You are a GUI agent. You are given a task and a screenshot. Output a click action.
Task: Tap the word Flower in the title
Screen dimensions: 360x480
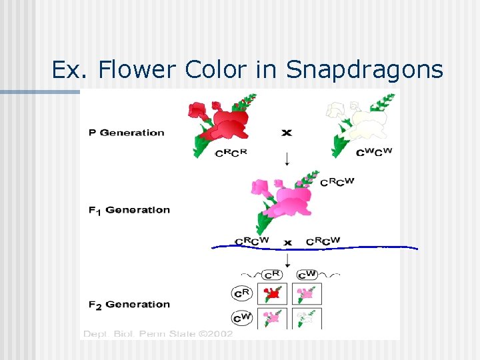139,69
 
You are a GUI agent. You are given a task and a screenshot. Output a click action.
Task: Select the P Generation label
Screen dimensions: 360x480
126,133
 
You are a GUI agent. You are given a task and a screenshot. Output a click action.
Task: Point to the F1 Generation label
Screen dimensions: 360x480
129,210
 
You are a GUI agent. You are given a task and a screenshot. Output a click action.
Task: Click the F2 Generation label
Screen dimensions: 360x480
129,305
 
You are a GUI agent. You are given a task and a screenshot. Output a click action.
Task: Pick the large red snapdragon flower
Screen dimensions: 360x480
219,123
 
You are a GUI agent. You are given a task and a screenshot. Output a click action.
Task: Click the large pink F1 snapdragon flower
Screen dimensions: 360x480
283,197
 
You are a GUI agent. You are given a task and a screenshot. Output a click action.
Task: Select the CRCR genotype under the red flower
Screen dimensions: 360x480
231,153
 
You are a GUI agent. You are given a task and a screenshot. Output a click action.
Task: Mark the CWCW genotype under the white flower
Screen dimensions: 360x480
374,152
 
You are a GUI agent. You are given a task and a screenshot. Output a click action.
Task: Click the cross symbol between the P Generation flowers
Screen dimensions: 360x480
287,133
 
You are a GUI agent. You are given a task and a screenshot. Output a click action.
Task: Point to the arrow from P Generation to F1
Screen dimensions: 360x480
287,159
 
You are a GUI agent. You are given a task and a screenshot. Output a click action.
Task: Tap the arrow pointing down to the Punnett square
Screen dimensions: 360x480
287,259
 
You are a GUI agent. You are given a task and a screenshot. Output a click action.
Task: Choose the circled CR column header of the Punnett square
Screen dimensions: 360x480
271,274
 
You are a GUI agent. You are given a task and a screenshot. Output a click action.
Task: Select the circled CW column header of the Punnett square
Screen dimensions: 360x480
307,274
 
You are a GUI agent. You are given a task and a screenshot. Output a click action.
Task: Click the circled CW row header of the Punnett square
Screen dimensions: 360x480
241,318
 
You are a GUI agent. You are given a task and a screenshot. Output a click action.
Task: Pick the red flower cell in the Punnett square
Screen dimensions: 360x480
272,293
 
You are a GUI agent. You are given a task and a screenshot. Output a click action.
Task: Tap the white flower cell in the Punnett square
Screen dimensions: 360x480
307,318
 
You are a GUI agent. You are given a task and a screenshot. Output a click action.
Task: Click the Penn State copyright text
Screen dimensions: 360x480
158,333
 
